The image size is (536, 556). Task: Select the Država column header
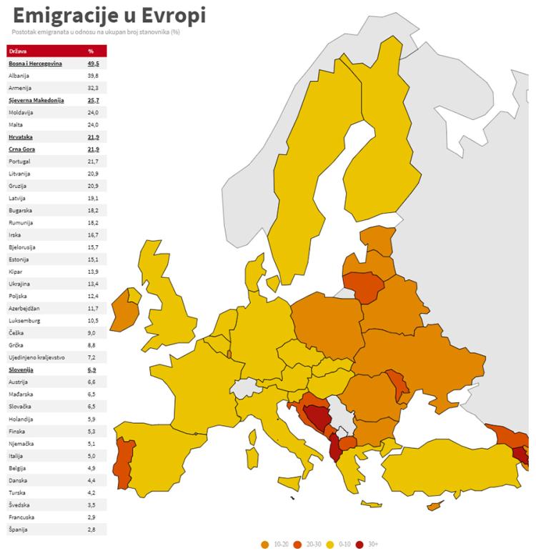click(19, 51)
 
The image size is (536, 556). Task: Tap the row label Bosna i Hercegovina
click(35, 64)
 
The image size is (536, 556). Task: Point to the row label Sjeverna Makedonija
click(36, 100)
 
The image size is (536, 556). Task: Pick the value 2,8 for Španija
click(91, 529)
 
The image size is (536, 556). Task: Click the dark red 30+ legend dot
click(359, 545)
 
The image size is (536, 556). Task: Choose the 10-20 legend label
click(281, 545)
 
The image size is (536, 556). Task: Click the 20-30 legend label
click(312, 545)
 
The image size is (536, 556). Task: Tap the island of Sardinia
click(251, 457)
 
